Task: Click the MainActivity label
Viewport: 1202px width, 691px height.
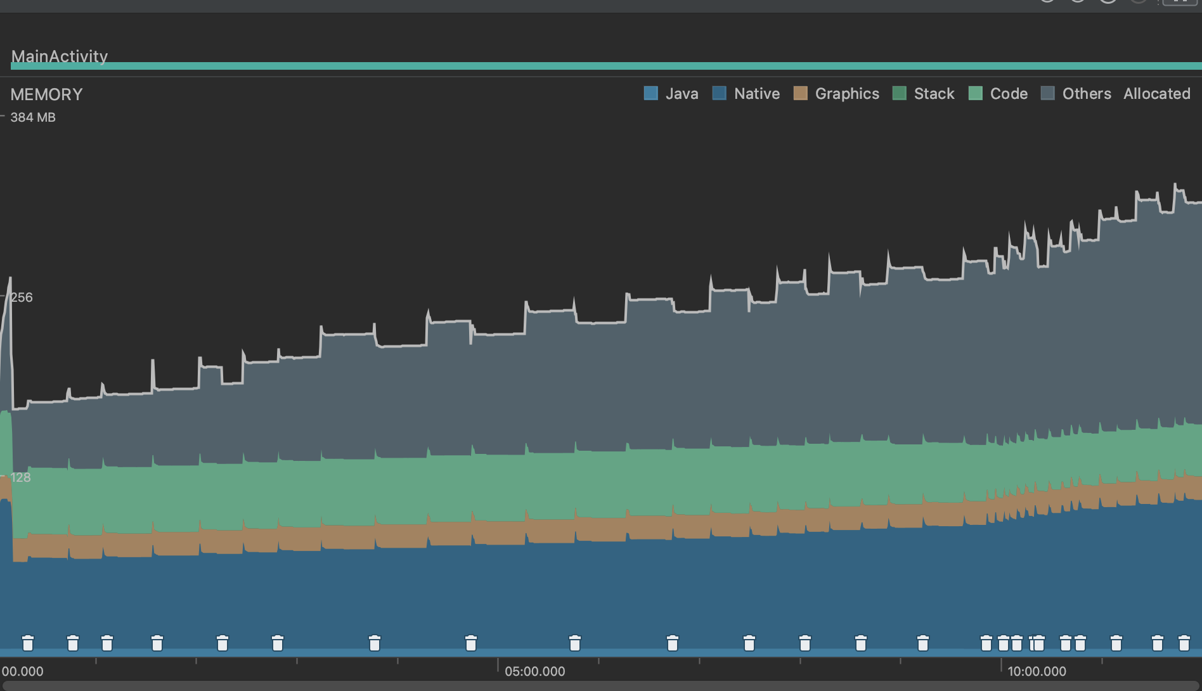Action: tap(59, 56)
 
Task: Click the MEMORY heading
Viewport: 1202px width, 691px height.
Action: tap(46, 94)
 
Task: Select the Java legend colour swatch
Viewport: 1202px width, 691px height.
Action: tap(650, 93)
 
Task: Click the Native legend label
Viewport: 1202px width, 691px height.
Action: tap(756, 94)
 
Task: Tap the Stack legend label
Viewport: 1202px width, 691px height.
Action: tap(933, 94)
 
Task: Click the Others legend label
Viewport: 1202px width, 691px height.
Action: tap(1086, 94)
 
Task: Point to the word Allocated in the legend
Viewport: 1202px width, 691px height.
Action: tap(1156, 94)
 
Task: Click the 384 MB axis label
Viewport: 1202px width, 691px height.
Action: tap(32, 117)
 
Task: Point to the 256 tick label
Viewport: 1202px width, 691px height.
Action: tap(22, 297)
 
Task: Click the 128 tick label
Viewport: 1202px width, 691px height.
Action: tap(20, 477)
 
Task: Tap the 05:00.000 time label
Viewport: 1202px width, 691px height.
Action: tap(534, 671)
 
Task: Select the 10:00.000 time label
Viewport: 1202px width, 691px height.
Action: tap(1037, 671)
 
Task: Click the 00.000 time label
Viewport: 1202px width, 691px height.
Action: tap(23, 671)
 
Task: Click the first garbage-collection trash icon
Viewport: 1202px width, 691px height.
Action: tap(28, 643)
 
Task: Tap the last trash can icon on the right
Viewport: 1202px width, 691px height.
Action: tap(1184, 643)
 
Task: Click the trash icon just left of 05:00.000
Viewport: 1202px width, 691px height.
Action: tap(470, 643)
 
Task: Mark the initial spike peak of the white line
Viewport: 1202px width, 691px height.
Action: tap(10, 278)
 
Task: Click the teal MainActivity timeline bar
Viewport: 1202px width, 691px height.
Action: tap(602, 66)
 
